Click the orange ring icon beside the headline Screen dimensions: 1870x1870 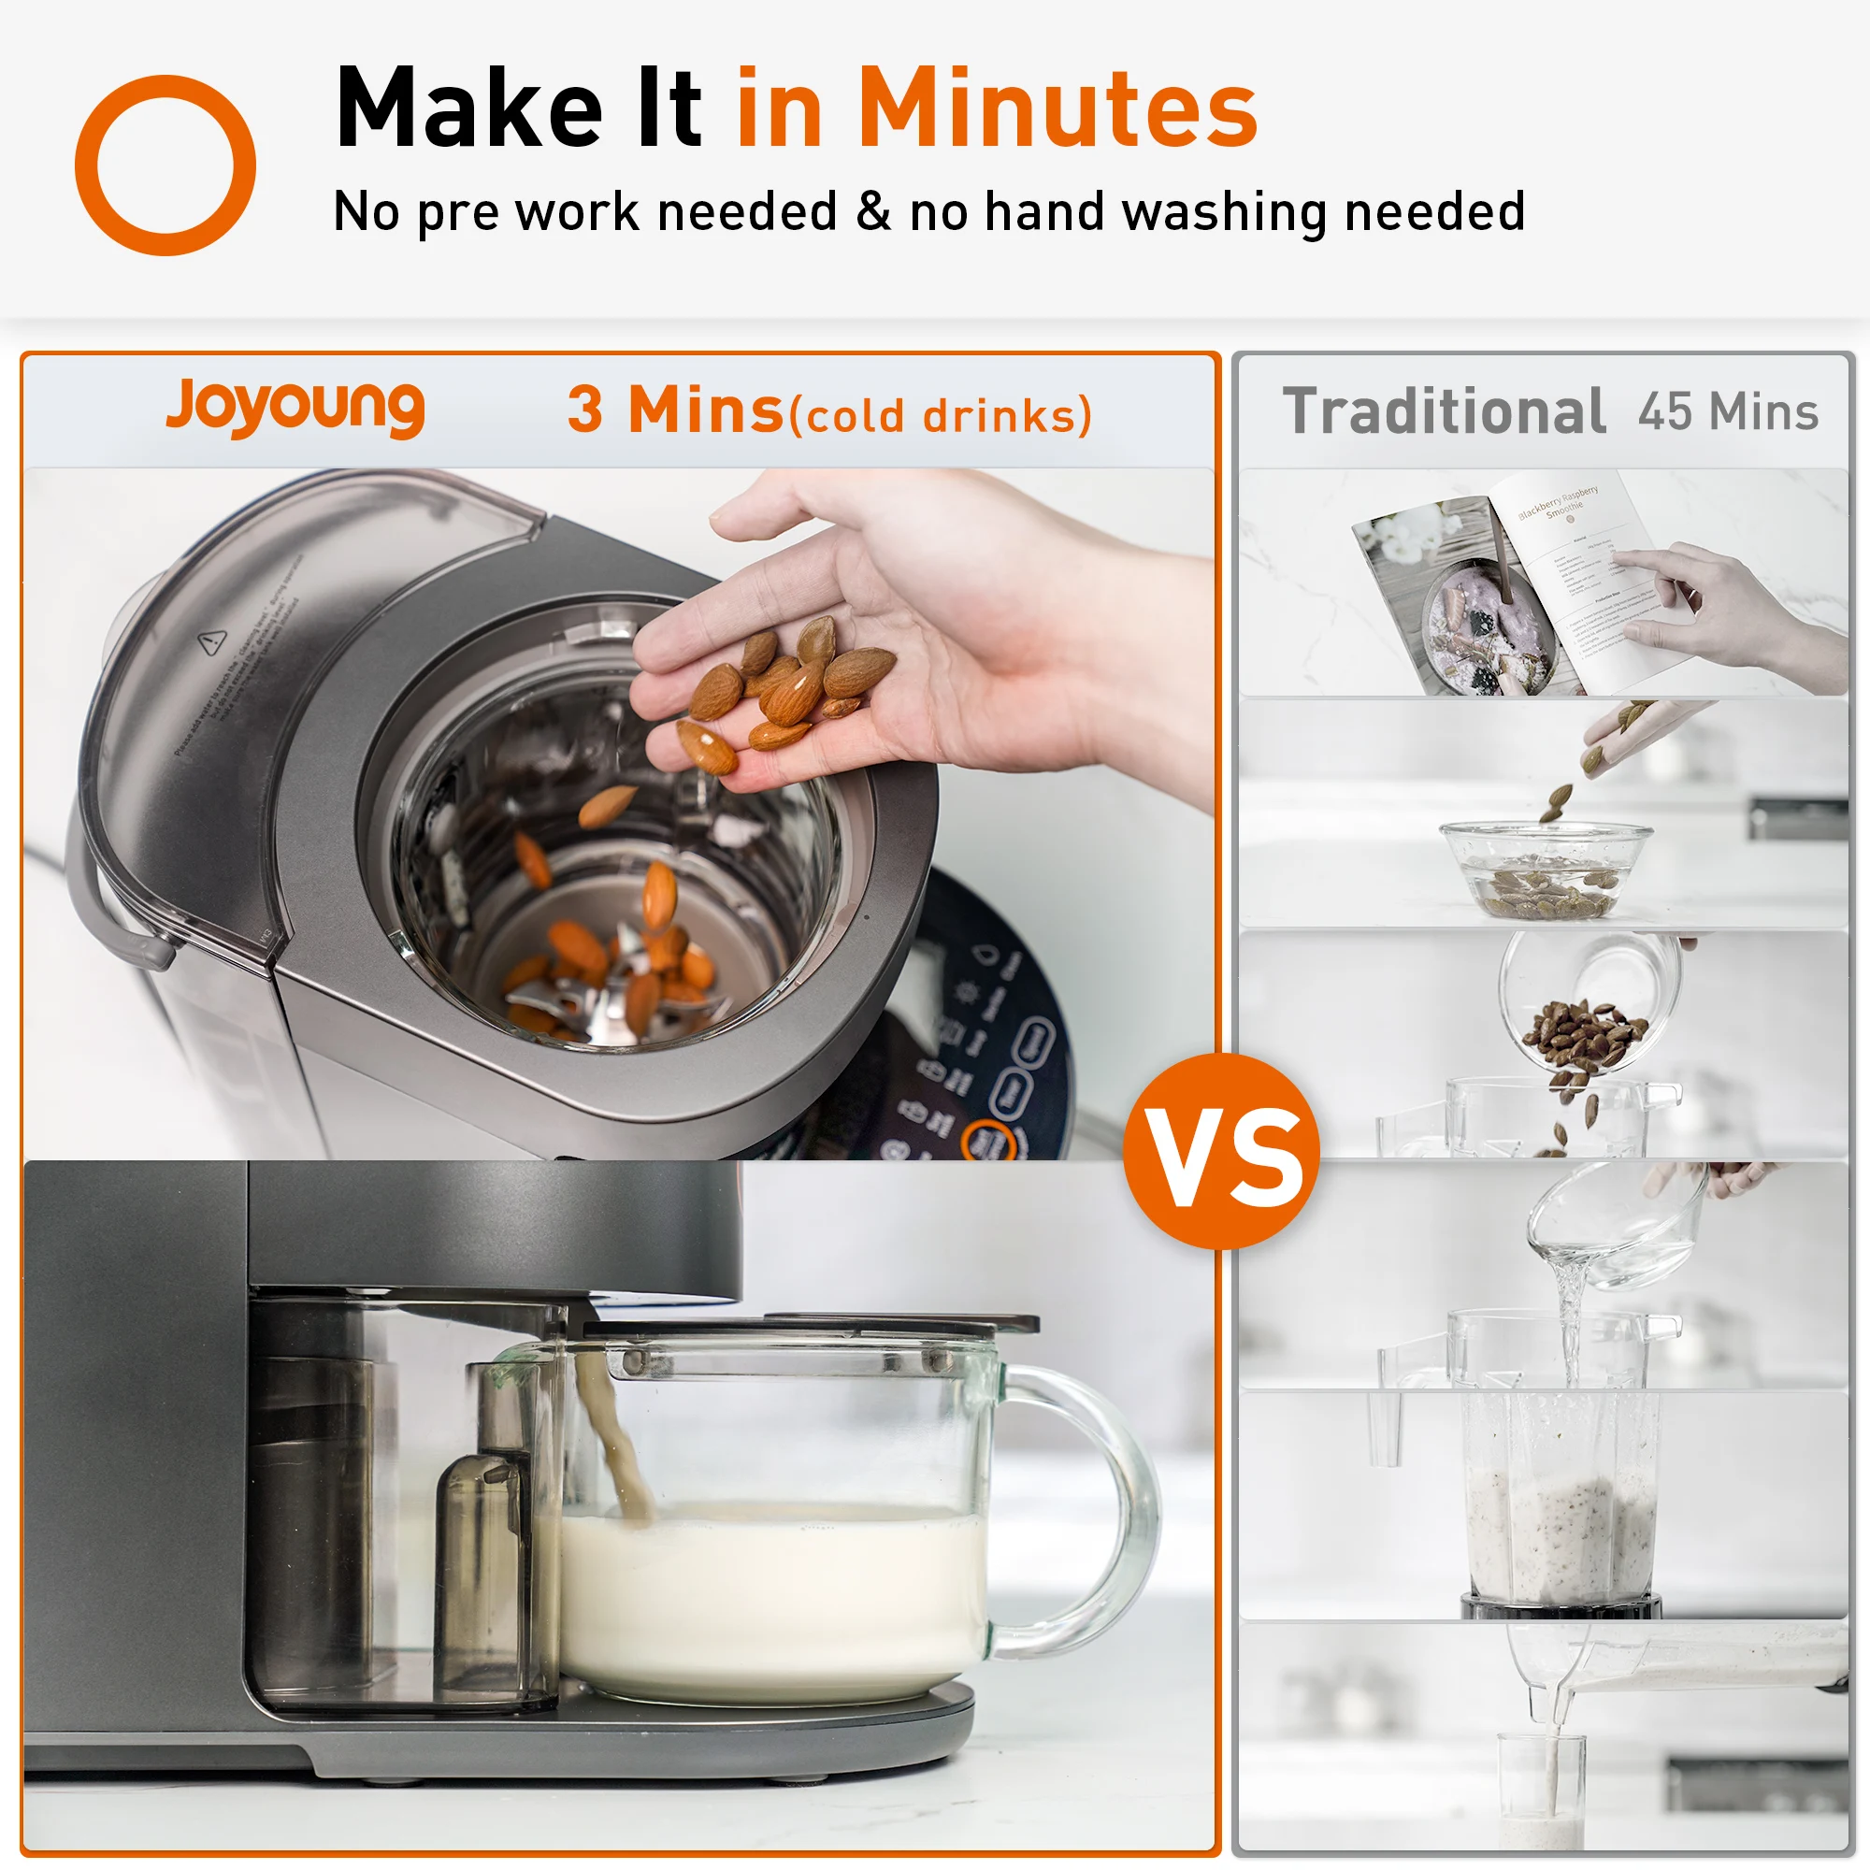[165, 165]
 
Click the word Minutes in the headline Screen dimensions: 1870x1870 [1057, 108]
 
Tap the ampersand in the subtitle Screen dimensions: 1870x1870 [873, 211]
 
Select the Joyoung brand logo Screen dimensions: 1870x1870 [295, 407]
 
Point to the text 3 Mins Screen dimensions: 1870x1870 [675, 410]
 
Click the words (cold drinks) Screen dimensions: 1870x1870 [940, 416]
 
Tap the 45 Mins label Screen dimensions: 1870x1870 [1728, 411]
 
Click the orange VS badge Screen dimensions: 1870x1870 [1221, 1152]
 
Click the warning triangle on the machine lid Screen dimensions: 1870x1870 [212, 640]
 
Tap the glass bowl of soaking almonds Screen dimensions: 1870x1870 [1545, 869]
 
